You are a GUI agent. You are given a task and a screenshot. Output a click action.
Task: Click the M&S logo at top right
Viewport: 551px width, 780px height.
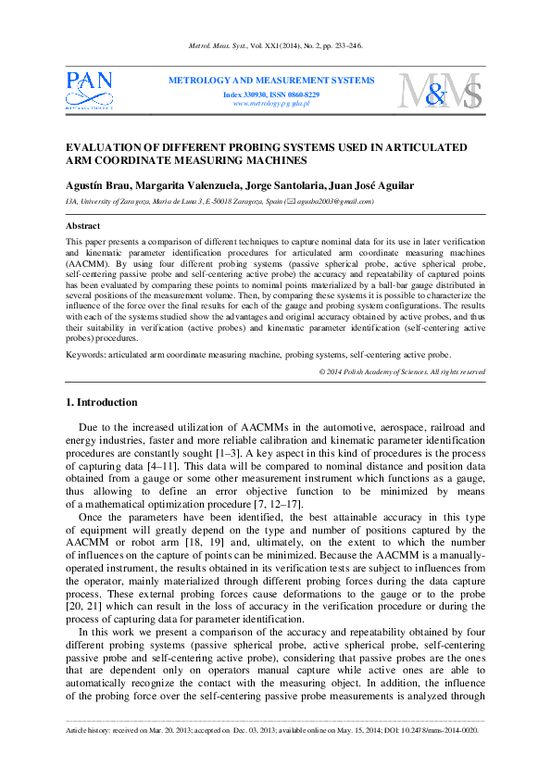coord(440,91)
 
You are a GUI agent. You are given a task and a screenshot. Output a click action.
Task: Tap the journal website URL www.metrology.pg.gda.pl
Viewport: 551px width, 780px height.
coord(271,104)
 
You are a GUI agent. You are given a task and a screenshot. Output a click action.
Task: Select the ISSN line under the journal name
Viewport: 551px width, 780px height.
coord(271,94)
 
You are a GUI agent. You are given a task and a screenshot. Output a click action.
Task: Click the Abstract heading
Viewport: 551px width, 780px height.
coord(83,226)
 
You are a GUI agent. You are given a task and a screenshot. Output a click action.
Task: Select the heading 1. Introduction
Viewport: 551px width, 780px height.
coord(102,402)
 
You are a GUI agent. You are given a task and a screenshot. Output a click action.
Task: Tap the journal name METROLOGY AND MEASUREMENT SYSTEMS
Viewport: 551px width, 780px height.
coord(271,81)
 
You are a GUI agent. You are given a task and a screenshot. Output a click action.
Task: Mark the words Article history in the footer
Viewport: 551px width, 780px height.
coord(89,730)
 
